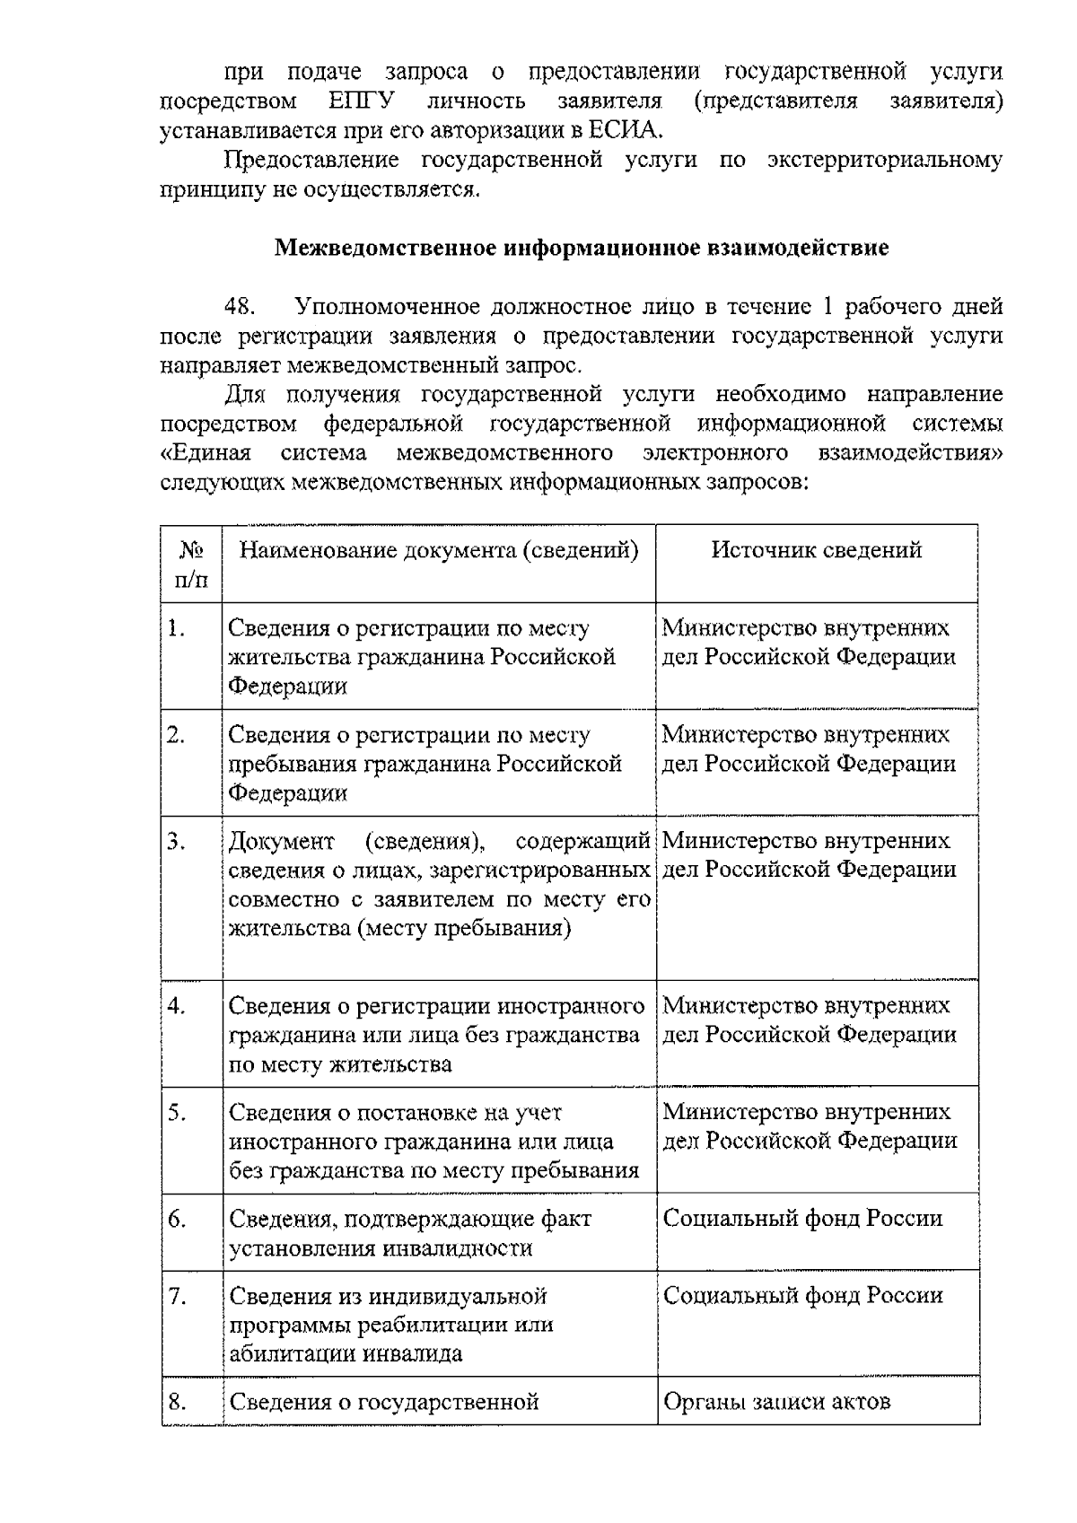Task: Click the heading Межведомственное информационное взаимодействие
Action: coord(582,248)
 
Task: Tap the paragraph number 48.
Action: coord(241,307)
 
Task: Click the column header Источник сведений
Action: coord(816,550)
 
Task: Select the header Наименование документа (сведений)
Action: coord(439,550)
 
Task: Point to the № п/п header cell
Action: coord(191,564)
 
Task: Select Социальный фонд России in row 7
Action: coord(802,1296)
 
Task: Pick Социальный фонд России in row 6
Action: coord(802,1219)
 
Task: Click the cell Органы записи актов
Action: coord(776,1402)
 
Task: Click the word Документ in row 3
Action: coord(281,842)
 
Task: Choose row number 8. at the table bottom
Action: coord(177,1402)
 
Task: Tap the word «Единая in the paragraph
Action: coord(206,452)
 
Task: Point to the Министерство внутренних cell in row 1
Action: coord(805,628)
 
